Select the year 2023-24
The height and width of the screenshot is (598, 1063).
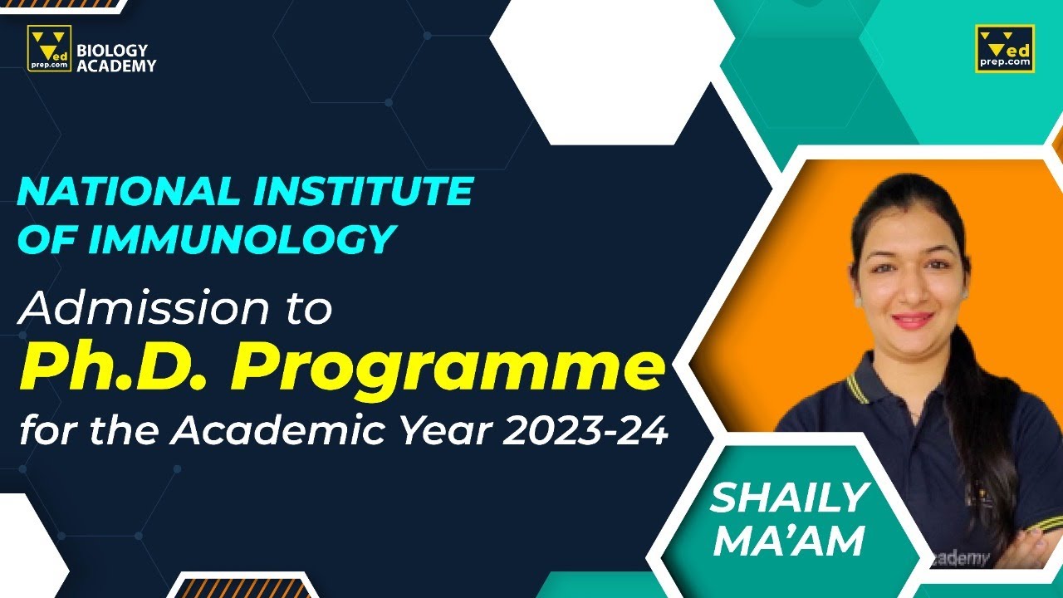(590, 432)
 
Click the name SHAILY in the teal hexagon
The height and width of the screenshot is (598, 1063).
(789, 498)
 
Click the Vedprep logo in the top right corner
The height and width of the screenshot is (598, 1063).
(1005, 48)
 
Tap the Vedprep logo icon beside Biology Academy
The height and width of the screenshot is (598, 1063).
(49, 48)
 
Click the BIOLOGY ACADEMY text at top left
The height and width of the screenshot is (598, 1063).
(115, 58)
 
